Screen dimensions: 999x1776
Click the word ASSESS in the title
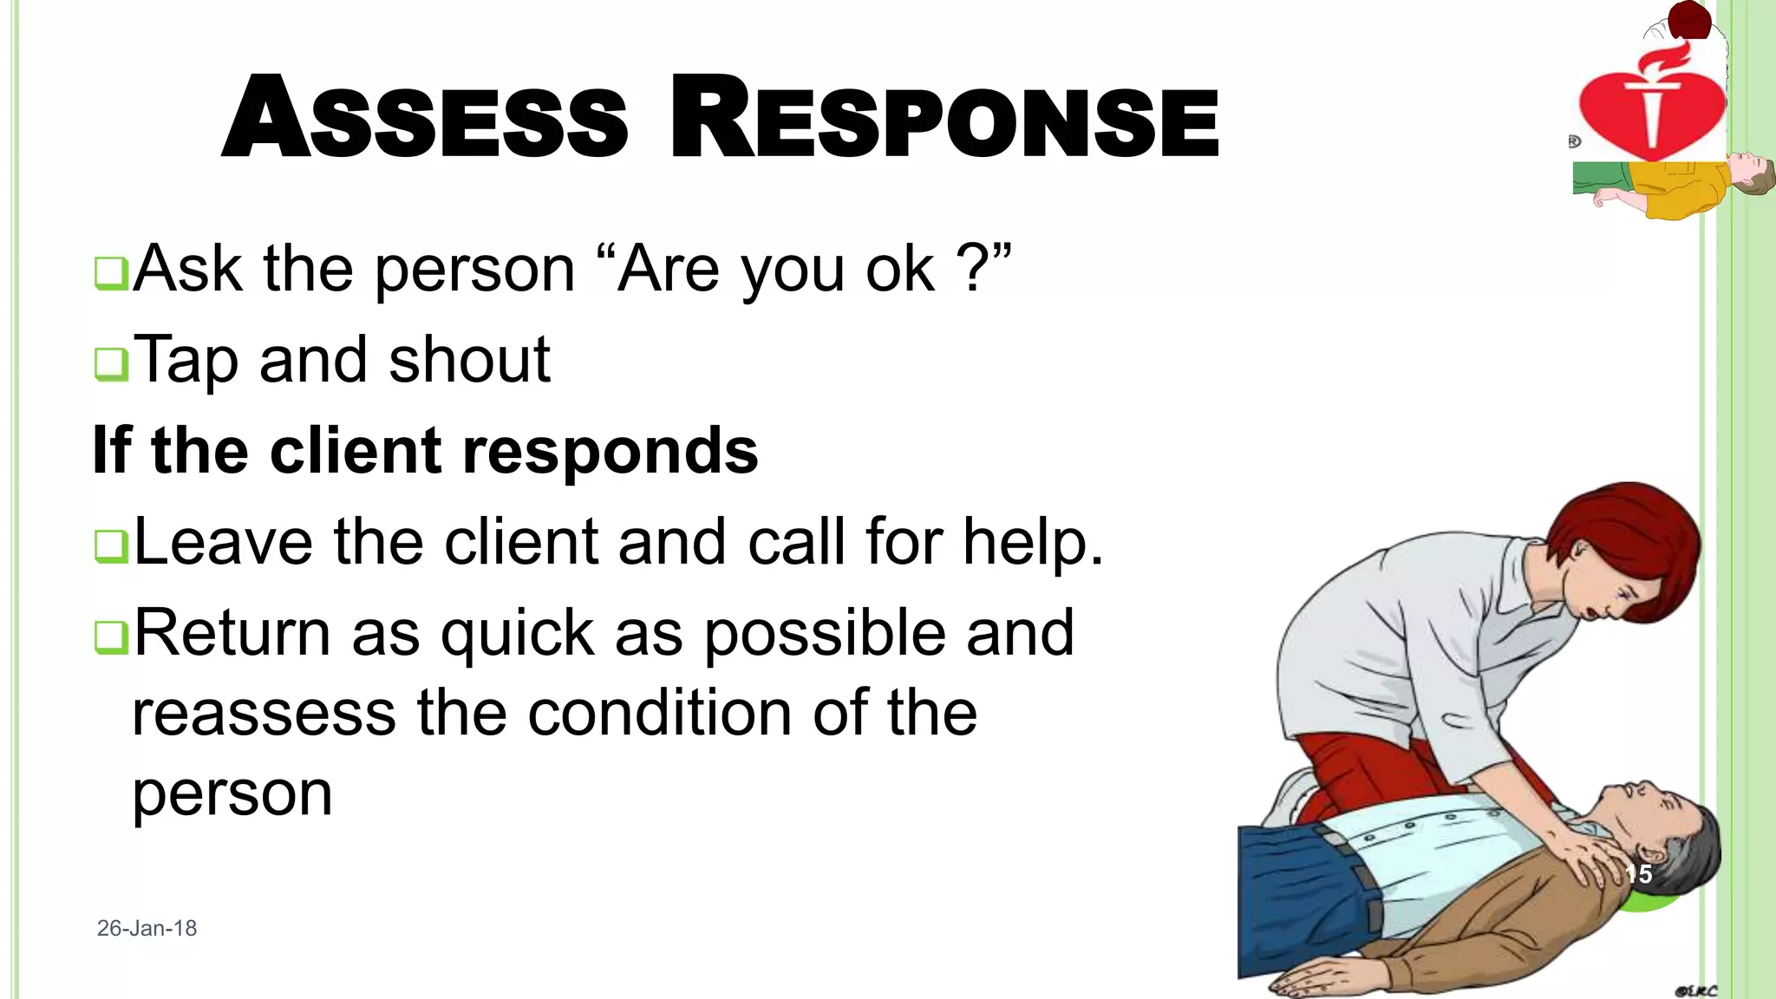[x=425, y=119]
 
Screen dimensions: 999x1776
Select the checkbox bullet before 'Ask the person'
[x=111, y=274]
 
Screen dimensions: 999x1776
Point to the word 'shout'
[x=469, y=359]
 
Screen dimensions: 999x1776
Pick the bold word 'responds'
[x=610, y=451]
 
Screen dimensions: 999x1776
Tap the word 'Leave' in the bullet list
[x=224, y=542]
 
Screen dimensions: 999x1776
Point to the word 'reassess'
[x=264, y=714]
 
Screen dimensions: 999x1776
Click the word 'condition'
[x=659, y=714]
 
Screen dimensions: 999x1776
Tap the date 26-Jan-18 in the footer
[x=147, y=928]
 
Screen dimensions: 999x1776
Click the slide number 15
[x=1638, y=874]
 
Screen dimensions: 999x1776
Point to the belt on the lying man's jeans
[x=1361, y=876]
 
